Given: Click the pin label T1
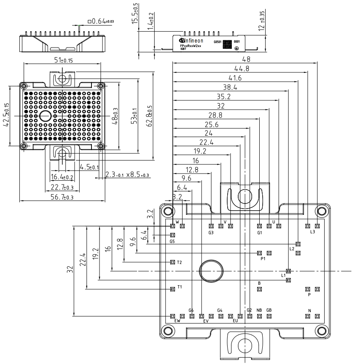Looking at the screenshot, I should point(180,287).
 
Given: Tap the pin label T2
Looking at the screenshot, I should point(180,262).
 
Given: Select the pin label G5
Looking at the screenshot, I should point(172,242).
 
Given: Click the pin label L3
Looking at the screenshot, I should point(312,232).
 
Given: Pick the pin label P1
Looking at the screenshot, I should point(263,259).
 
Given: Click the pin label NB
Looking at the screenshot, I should point(259,310).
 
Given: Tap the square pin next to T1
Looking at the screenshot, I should point(172,289).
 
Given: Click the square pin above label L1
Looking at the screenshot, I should point(288,270).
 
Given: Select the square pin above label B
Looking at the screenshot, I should point(259,289).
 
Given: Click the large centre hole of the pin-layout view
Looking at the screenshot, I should point(211,270).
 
